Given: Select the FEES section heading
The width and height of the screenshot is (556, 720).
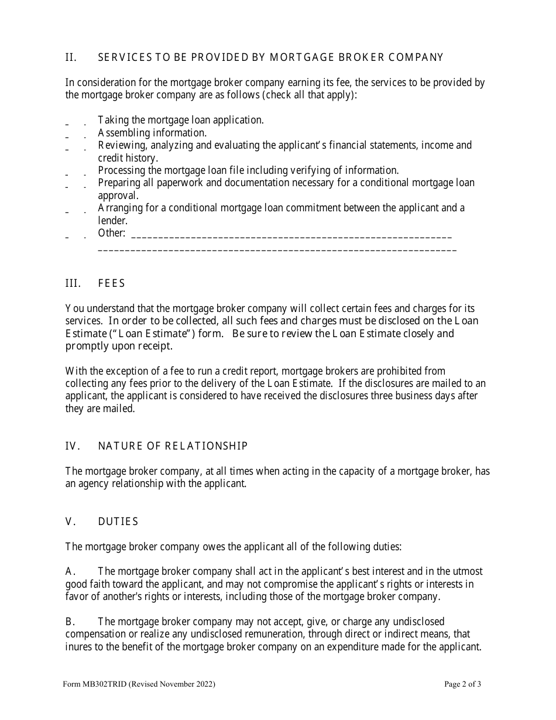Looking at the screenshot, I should (x=112, y=283).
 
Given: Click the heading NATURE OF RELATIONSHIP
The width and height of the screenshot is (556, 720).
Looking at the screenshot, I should (x=173, y=446).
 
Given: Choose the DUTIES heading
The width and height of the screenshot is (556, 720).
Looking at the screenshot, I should (x=118, y=522).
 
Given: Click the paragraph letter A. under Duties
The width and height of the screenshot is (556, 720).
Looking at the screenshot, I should (x=71, y=571).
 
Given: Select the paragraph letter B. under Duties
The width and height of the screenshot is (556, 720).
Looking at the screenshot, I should (x=71, y=622).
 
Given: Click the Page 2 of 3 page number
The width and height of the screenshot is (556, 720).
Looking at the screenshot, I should (x=463, y=684).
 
